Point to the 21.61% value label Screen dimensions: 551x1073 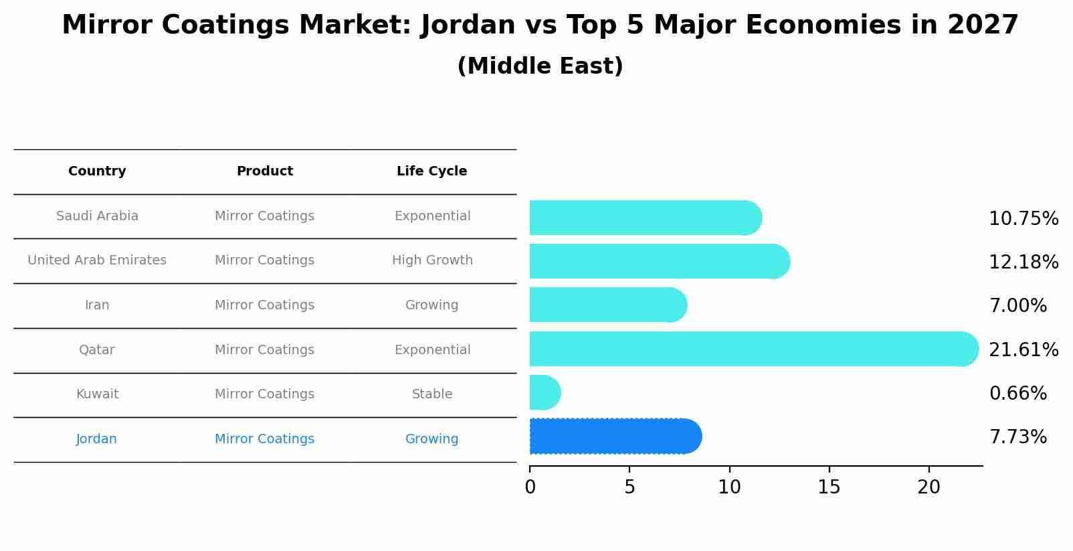pyautogui.click(x=1023, y=349)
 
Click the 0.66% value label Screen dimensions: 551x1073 pyautogui.click(x=1017, y=393)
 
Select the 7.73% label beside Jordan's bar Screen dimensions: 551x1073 pyautogui.click(x=1017, y=437)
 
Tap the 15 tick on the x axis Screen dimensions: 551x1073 pyautogui.click(x=829, y=487)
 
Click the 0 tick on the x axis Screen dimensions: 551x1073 pyautogui.click(x=530, y=487)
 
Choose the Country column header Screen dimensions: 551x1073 pyautogui.click(x=97, y=171)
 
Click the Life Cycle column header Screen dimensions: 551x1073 pyautogui.click(x=431, y=171)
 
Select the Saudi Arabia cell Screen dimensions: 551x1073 pyautogui.click(x=97, y=216)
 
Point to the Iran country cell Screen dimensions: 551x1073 pyautogui.click(x=97, y=305)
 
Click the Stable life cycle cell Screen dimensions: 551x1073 pyautogui.click(x=431, y=394)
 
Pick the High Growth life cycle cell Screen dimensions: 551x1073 pyautogui.click(x=431, y=260)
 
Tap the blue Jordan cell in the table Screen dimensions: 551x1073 pyautogui.click(x=96, y=439)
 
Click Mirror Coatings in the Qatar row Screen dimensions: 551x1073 pyautogui.click(x=264, y=350)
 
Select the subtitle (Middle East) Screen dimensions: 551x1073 pyautogui.click(x=540, y=66)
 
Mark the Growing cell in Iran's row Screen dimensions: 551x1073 pyautogui.click(x=431, y=305)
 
